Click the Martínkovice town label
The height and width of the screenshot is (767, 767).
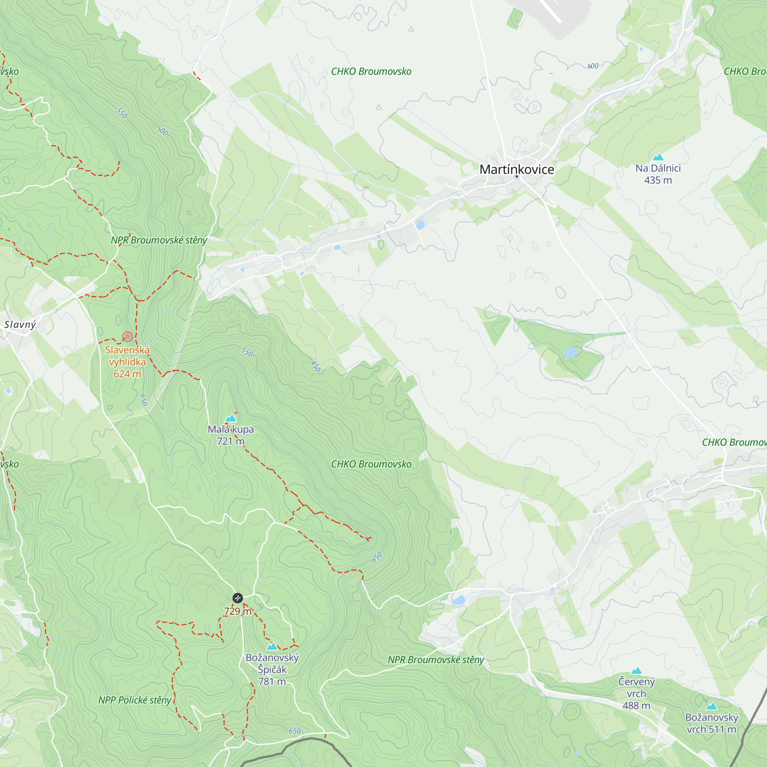click(517, 170)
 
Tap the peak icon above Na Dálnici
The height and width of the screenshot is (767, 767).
click(658, 157)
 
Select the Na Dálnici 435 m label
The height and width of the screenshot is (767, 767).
click(658, 174)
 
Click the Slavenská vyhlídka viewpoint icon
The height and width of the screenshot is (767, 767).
click(127, 337)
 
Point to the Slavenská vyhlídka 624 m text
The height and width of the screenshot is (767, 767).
click(127, 362)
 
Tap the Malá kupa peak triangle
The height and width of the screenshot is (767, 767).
click(230, 418)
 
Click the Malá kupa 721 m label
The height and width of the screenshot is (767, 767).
click(230, 435)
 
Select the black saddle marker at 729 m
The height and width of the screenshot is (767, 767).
click(237, 598)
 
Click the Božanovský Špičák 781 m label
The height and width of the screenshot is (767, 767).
click(272, 669)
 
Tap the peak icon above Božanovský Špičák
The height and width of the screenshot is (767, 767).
click(272, 646)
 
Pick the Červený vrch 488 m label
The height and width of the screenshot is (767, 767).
click(636, 693)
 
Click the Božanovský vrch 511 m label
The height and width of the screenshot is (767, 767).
click(711, 723)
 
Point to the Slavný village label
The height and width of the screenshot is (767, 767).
click(20, 324)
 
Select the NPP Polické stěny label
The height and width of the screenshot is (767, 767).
click(135, 700)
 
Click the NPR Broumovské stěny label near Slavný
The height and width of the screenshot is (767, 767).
click(159, 240)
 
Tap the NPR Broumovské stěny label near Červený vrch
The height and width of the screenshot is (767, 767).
click(436, 660)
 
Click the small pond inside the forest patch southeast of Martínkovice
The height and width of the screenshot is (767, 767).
click(571, 352)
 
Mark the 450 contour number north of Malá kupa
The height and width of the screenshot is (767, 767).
click(315, 366)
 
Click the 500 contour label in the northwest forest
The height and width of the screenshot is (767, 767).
click(162, 131)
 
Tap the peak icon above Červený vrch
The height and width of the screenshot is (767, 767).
click(636, 670)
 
